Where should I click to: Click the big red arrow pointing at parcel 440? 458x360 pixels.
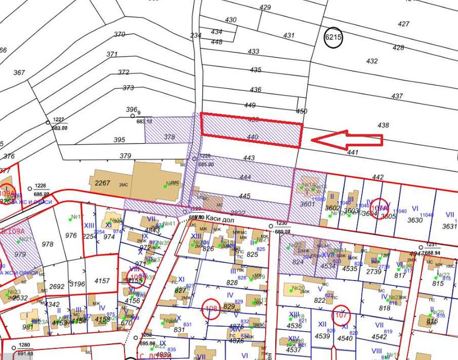[x=347, y=140]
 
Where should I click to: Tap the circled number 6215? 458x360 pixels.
[x=333, y=38]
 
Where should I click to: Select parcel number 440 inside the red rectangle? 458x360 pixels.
[x=252, y=137]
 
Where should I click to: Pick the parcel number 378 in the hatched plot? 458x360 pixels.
[x=169, y=137]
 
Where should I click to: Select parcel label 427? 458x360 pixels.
[x=403, y=24]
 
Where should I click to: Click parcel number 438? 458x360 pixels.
[x=383, y=125]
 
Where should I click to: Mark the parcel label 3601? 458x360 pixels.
[x=307, y=204]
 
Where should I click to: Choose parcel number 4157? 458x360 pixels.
[x=102, y=281]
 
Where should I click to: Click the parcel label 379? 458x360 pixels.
[x=125, y=156]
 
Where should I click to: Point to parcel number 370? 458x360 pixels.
[x=119, y=35]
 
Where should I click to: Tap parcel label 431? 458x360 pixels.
[x=289, y=36]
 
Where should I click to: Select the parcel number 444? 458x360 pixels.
[x=245, y=177]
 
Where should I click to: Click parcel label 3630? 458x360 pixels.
[x=415, y=221]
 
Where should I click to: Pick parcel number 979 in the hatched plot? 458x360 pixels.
[x=20, y=254]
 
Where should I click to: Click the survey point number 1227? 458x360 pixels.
[x=59, y=119]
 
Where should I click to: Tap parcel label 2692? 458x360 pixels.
[x=57, y=286]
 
